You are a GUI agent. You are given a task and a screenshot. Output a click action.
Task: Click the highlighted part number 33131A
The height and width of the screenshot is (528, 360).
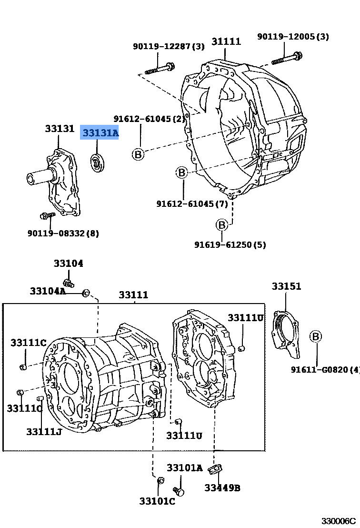[100, 133]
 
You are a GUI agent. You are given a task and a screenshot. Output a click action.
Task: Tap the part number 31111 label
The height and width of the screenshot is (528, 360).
[226, 41]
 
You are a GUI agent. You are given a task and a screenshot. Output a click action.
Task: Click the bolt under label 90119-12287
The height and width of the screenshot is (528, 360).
[160, 68]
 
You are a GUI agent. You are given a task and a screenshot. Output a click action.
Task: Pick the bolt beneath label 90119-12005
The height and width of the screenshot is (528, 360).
[285, 60]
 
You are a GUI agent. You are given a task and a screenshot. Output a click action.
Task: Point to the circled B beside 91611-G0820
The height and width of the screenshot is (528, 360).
[316, 336]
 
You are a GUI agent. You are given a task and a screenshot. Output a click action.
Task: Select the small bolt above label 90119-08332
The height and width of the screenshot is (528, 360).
[48, 216]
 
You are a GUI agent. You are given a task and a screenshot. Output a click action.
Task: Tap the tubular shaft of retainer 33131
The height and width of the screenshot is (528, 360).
[38, 177]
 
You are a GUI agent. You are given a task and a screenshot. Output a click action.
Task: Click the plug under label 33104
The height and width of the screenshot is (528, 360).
[69, 283]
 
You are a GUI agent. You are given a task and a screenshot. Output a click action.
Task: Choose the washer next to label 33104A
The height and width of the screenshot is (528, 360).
[86, 293]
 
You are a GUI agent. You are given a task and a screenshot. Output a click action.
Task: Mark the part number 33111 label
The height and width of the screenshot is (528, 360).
[133, 295]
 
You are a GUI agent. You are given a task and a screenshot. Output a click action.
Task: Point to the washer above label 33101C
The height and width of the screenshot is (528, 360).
[160, 480]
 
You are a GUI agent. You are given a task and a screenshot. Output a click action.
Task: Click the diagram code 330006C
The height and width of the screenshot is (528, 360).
[338, 521]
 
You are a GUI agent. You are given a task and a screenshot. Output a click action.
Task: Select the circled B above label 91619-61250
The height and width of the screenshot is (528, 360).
[222, 224]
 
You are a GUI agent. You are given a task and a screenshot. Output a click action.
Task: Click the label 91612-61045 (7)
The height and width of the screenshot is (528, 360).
[192, 204]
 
